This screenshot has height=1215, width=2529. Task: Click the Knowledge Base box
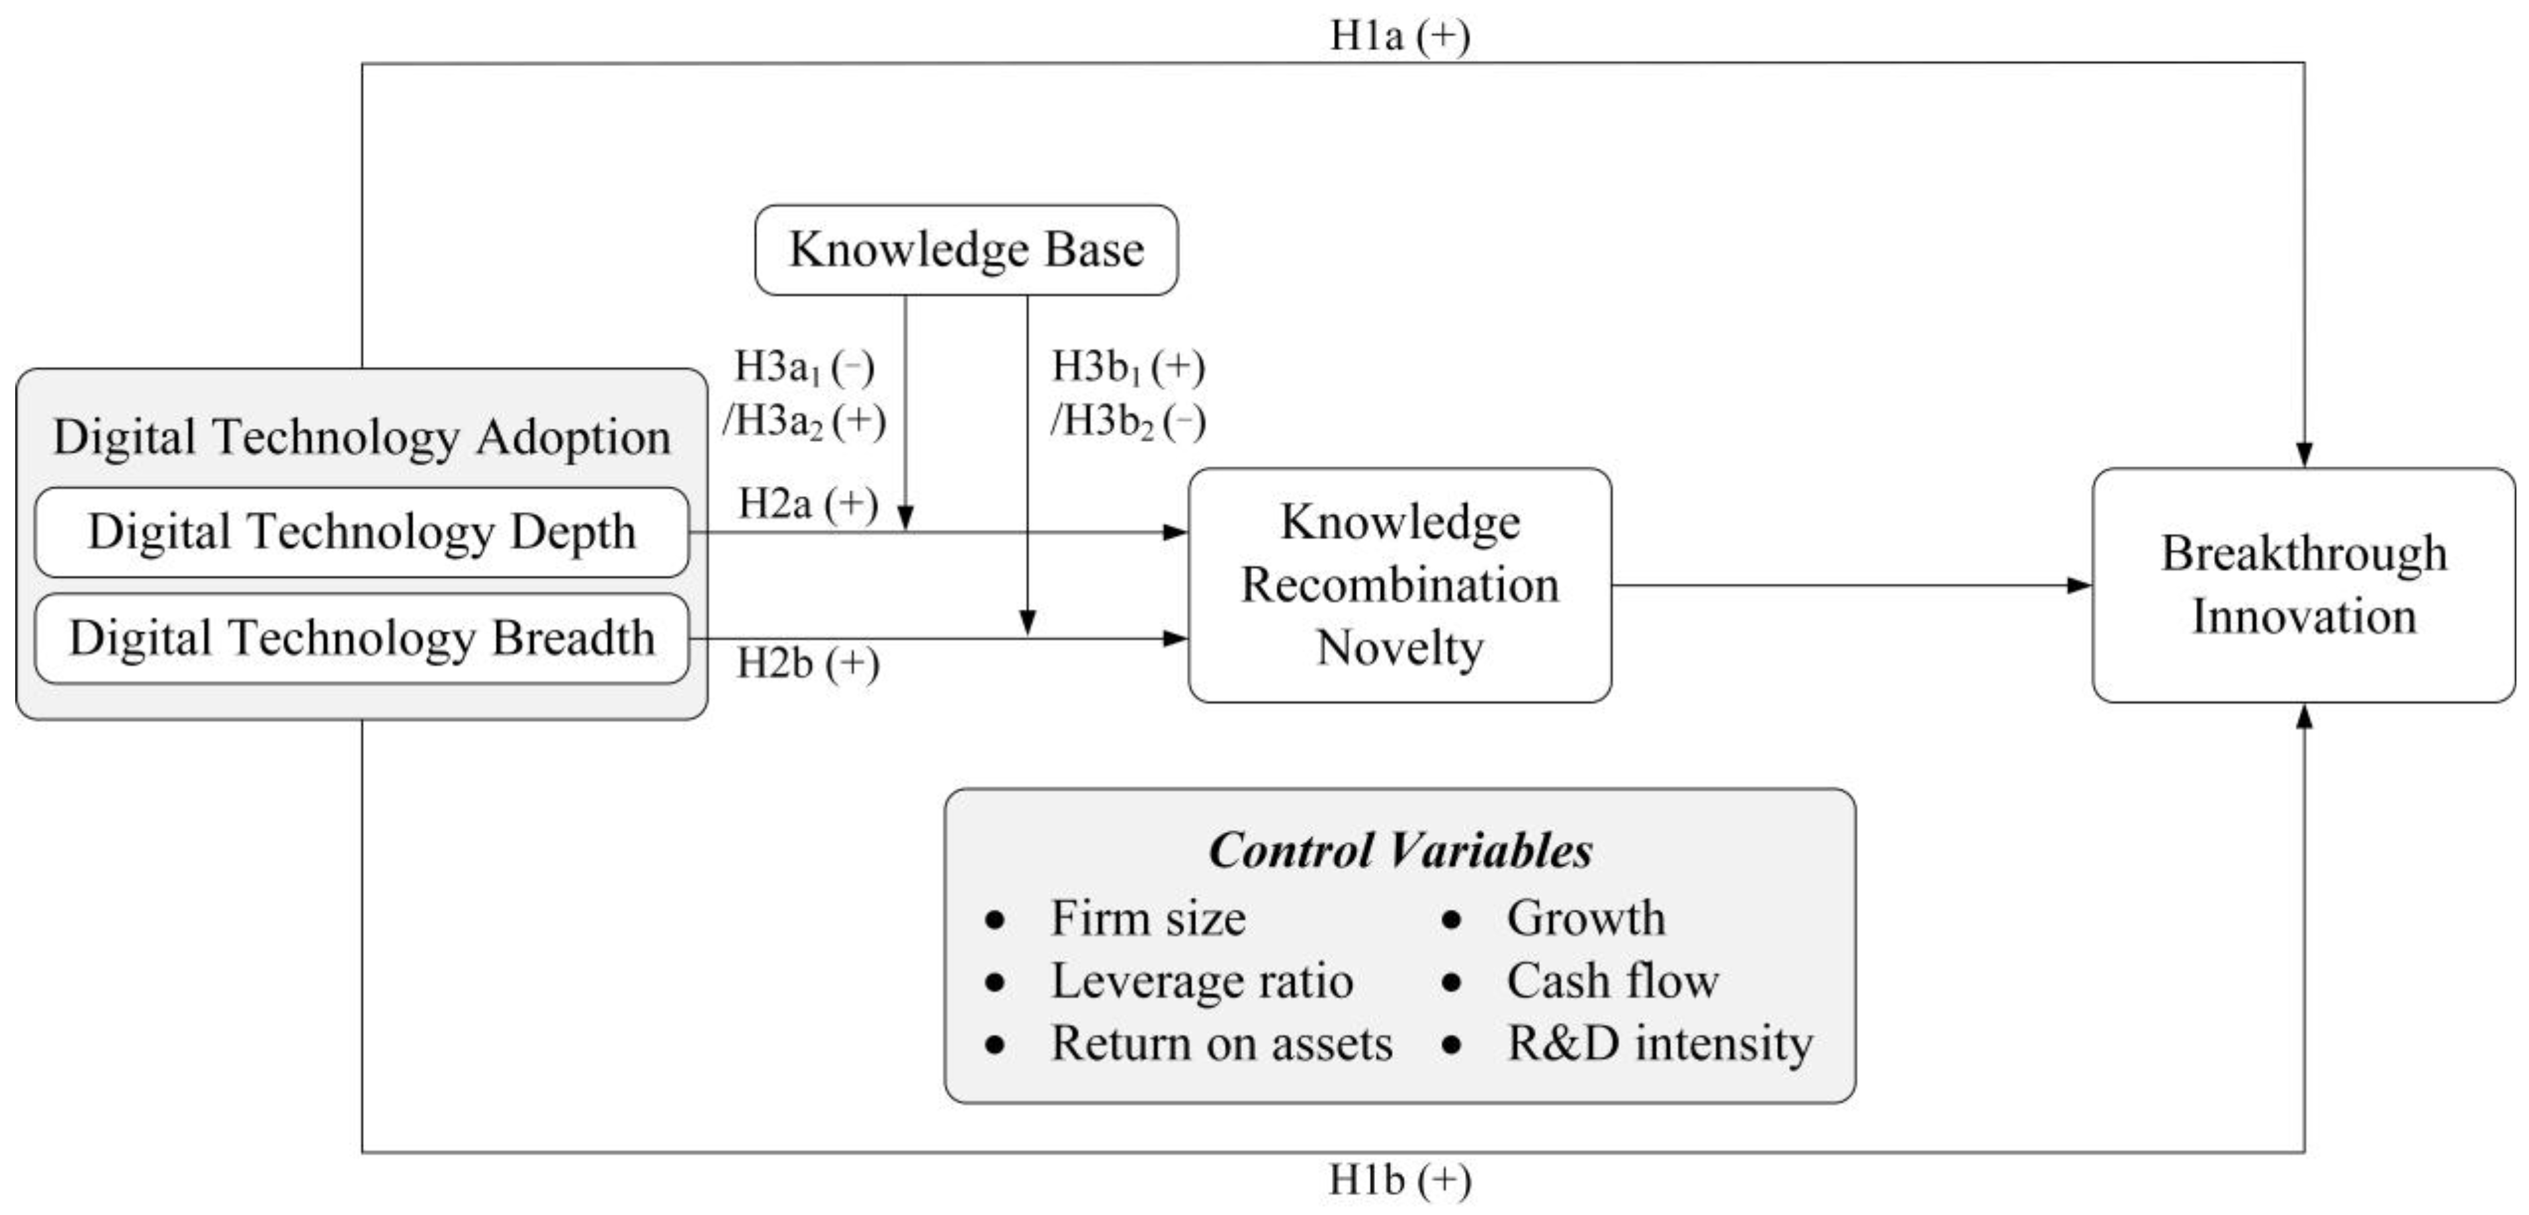point(966,249)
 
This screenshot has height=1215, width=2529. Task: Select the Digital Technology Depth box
point(361,532)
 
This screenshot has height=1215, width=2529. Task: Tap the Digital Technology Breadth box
point(361,638)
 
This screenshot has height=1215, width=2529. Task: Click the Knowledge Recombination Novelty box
point(1399,585)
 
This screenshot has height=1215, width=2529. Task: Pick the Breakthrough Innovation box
point(2303,585)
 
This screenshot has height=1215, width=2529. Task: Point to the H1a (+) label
point(1399,36)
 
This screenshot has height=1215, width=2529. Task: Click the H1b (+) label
point(1399,1180)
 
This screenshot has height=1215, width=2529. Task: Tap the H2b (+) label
point(807,663)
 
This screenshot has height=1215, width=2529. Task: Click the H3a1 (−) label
point(803,368)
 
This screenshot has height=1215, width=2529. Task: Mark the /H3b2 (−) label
point(1127,422)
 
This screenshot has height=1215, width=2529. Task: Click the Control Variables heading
point(1399,850)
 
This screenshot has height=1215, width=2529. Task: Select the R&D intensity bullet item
point(1659,1043)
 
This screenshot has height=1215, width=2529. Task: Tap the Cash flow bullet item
point(1612,980)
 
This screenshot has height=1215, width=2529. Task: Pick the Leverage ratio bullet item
point(1202,980)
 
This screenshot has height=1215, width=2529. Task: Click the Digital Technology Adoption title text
point(361,437)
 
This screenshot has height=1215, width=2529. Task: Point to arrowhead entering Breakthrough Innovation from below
point(2304,716)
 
